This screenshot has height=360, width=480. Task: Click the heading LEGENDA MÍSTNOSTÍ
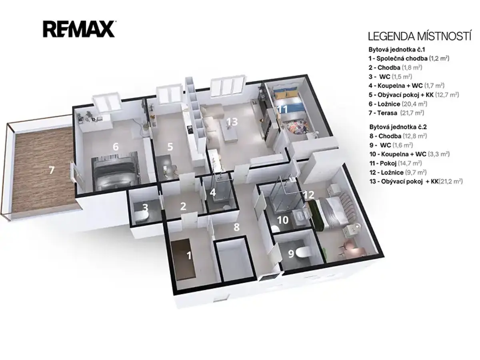click(x=420, y=36)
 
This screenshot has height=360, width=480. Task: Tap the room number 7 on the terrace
click(x=51, y=170)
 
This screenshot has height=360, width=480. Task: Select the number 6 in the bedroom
click(x=116, y=146)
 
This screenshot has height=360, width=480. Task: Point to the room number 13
click(x=232, y=122)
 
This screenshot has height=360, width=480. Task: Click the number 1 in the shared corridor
click(x=189, y=256)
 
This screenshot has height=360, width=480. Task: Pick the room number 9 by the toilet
click(x=291, y=254)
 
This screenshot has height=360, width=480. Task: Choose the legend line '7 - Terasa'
click(x=396, y=113)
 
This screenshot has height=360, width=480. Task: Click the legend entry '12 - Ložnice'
click(x=398, y=172)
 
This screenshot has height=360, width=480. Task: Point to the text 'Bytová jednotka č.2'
click(x=397, y=127)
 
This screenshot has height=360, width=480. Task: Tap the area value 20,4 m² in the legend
click(x=414, y=104)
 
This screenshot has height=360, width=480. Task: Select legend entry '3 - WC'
click(x=390, y=77)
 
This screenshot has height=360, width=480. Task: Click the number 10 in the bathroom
click(x=283, y=220)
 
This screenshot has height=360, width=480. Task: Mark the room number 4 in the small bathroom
click(x=212, y=192)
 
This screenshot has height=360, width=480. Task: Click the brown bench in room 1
click(x=184, y=259)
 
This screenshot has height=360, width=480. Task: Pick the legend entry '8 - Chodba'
click(x=398, y=136)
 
